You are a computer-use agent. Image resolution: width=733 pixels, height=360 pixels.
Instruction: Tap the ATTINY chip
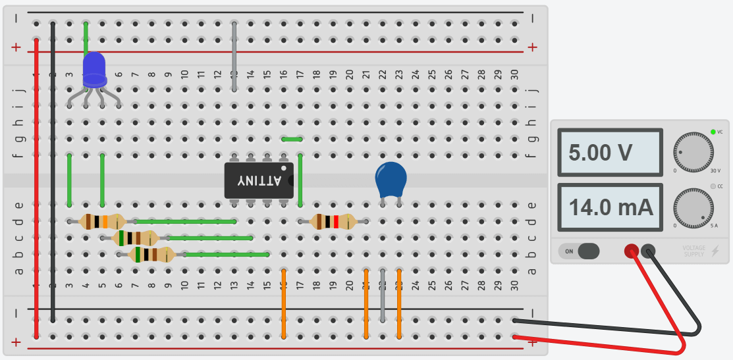pos(258,180)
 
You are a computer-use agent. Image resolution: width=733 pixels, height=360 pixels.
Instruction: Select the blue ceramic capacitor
pos(391,178)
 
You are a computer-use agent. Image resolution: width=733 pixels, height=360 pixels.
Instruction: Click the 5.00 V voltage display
pos(609,153)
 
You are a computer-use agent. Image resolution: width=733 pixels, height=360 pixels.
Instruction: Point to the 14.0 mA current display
pos(609,207)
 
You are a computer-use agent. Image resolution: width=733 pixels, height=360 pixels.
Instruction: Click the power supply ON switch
pos(580,251)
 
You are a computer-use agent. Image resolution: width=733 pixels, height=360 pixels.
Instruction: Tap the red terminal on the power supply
pos(631,251)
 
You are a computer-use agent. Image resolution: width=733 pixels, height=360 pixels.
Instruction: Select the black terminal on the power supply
pos(648,251)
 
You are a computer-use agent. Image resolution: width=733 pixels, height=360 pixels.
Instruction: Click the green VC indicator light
pos(713,132)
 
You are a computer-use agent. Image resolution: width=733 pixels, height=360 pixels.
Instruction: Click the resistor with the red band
pos(333,221)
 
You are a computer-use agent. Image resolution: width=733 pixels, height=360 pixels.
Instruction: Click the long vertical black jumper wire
pos(53,171)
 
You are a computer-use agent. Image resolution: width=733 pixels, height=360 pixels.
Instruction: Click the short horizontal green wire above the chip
pos(292,139)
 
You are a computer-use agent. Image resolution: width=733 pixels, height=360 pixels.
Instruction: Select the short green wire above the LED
pos(86,36)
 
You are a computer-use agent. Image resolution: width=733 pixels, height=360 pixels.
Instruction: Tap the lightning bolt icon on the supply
pos(715,251)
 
